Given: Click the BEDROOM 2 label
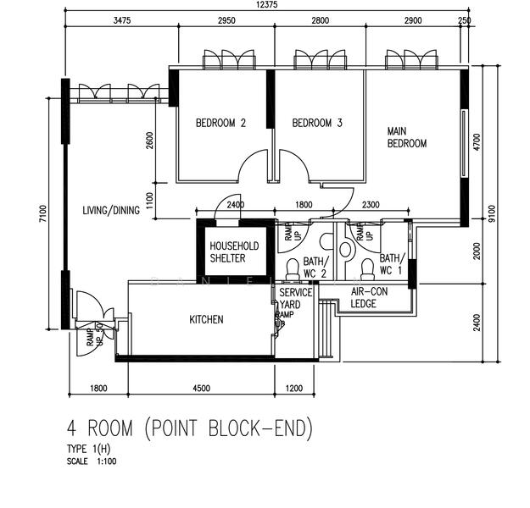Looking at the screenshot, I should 220,123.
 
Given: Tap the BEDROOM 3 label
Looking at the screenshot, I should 317,123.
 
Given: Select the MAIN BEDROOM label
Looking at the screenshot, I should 406,137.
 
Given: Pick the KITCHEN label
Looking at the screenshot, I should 206,319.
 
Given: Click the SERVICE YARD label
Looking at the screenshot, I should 296,299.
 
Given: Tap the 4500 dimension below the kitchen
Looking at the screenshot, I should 202,389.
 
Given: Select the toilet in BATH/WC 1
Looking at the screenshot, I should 368,268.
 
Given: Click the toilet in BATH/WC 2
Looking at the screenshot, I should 292,269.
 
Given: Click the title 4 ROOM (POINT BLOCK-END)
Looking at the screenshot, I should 189,429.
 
